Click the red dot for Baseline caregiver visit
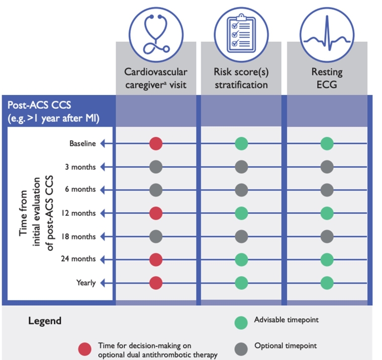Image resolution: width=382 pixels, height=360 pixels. pyautogui.click(x=156, y=144)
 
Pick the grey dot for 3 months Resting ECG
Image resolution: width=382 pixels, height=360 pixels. pyautogui.click(x=327, y=167)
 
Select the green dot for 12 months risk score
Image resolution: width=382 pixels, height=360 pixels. pyautogui.click(x=242, y=213)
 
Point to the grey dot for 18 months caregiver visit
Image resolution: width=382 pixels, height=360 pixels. pyautogui.click(x=156, y=236)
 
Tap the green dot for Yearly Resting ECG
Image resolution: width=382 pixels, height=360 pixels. pyautogui.click(x=327, y=283)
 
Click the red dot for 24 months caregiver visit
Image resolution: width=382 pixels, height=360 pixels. pyautogui.click(x=156, y=259)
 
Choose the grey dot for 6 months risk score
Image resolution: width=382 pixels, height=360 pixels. pyautogui.click(x=242, y=190)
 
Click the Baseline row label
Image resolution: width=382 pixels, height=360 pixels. pyautogui.click(x=82, y=144)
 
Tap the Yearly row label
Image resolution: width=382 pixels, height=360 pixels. pyautogui.click(x=85, y=283)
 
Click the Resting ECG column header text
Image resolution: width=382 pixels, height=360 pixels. pyautogui.click(x=327, y=78)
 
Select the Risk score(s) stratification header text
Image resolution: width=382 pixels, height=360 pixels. pyautogui.click(x=241, y=78)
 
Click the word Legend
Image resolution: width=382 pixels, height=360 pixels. pyautogui.click(x=44, y=321)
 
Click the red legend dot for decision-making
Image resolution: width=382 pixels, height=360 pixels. pyautogui.click(x=85, y=349)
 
